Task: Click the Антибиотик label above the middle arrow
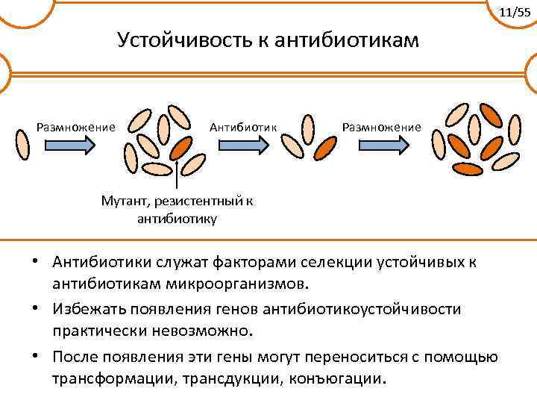(243, 126)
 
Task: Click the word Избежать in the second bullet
(87, 309)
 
